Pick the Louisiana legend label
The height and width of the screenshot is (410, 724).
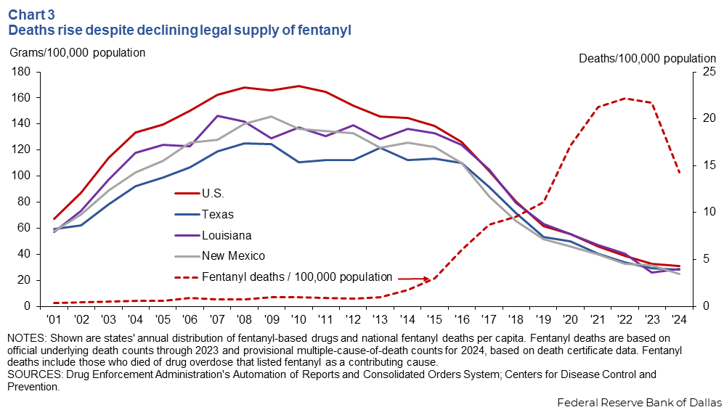(228, 235)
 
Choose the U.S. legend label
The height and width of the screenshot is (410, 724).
(213, 194)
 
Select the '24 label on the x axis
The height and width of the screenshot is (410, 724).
(678, 320)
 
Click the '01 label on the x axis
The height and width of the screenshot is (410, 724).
(54, 320)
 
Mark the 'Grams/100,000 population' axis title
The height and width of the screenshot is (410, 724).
(77, 52)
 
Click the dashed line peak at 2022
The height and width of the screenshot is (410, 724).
(625, 98)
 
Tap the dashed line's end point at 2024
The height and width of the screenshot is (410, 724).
(679, 173)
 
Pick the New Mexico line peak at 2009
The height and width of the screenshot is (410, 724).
(271, 116)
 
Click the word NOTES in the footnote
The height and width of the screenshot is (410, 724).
(25, 338)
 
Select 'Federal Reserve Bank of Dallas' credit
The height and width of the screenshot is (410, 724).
(639, 401)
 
